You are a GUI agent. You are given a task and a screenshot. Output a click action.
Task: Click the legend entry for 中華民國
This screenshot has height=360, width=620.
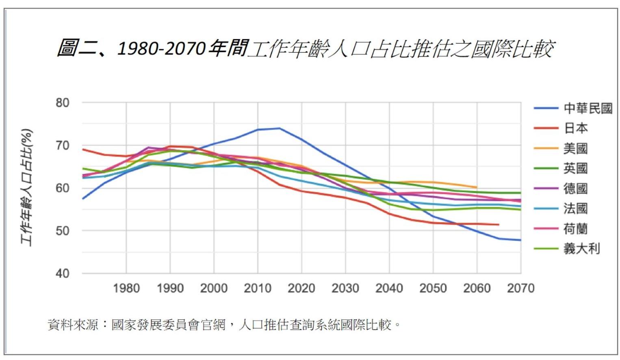[x=587, y=108]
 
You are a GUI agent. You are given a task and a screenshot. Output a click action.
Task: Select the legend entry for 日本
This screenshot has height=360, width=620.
[x=575, y=128]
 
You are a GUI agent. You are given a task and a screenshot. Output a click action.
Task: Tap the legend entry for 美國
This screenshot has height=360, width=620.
[x=575, y=148]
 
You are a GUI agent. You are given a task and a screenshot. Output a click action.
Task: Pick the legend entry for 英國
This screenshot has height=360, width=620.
[x=575, y=168]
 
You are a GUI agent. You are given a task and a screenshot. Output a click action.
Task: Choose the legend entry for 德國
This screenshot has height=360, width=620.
[x=575, y=189]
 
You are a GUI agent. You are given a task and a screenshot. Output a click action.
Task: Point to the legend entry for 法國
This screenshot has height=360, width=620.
[x=575, y=208]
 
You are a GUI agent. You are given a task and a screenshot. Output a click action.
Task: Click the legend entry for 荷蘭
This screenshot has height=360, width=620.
[x=575, y=229]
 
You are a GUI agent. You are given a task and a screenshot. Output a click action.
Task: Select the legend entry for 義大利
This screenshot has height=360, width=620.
[x=581, y=249]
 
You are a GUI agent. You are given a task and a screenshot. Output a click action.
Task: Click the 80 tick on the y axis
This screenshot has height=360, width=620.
[x=63, y=103]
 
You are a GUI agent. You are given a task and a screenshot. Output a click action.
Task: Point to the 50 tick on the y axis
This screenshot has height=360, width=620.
[x=63, y=231]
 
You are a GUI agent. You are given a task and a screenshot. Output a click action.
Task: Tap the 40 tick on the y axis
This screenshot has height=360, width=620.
[x=63, y=273]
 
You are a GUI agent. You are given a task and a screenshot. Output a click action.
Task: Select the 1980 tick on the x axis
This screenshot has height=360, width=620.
[x=126, y=288]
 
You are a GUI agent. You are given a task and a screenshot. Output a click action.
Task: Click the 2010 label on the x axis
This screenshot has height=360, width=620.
[x=258, y=288]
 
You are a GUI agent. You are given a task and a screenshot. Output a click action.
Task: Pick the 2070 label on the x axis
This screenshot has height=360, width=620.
[x=520, y=288]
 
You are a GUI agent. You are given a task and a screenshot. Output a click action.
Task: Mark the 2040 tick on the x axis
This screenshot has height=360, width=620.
[x=389, y=288]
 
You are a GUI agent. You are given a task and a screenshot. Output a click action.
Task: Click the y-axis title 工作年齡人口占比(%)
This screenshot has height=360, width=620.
[x=27, y=187]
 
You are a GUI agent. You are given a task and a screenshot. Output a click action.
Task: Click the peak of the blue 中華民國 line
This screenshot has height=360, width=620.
[x=279, y=128]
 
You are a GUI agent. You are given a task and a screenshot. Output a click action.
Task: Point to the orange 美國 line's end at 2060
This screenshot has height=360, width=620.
[x=477, y=187]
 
